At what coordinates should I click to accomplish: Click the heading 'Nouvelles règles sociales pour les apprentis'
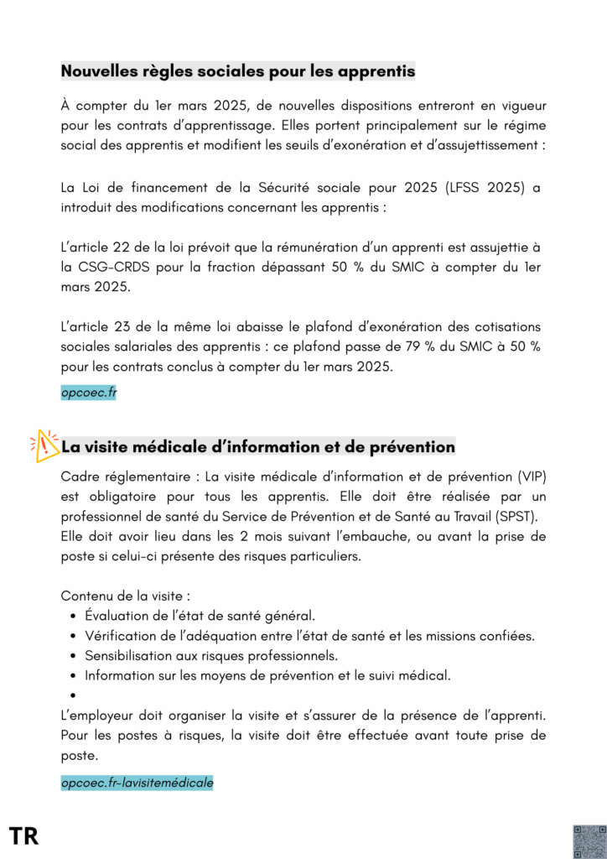tap(237, 71)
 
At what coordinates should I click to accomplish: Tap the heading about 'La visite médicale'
tap(259, 446)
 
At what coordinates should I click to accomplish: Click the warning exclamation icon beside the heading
tap(44, 445)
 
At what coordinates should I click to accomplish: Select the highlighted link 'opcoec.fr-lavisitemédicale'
tap(137, 783)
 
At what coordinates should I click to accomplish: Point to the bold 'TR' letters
tap(23, 836)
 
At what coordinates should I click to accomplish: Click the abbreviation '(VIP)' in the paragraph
tap(528, 476)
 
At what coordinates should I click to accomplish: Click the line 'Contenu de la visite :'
tap(126, 596)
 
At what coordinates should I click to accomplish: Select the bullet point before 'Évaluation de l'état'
tap(75, 617)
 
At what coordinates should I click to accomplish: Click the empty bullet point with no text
tap(75, 695)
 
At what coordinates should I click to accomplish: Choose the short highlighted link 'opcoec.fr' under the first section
tap(88, 392)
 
